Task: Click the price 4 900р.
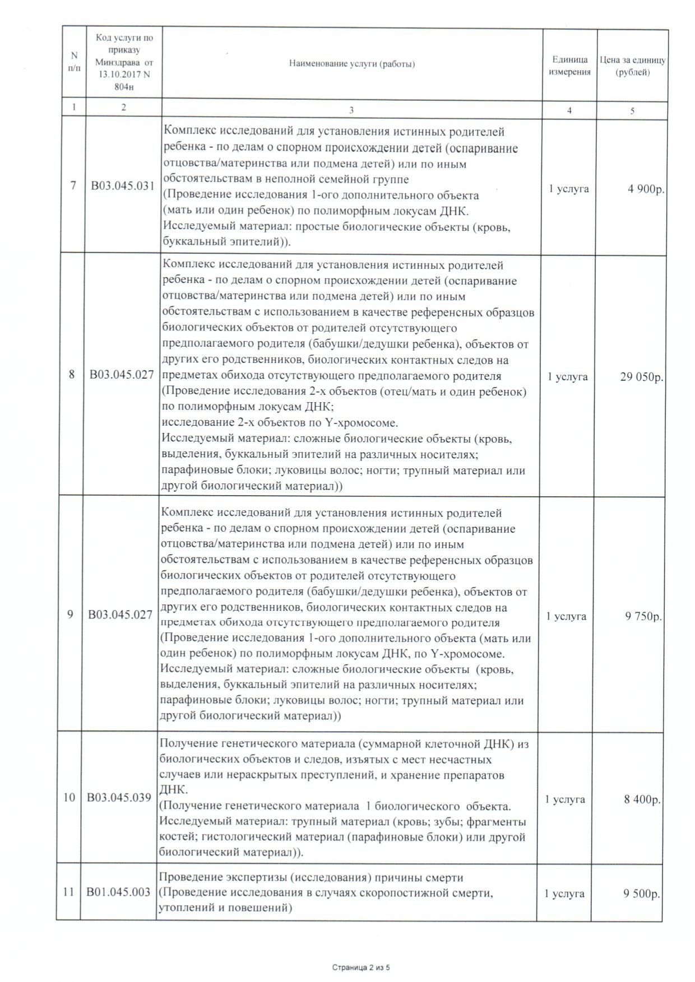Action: pyautogui.click(x=646, y=189)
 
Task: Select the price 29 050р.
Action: pyautogui.click(x=642, y=377)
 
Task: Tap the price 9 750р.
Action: pyautogui.click(x=643, y=617)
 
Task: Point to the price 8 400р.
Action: pyautogui.click(x=642, y=800)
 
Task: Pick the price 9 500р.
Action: pyautogui.click(x=642, y=893)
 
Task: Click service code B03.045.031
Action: pyautogui.click(x=123, y=186)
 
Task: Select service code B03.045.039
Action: pyautogui.click(x=119, y=797)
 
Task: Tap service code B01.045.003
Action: pyautogui.click(x=118, y=892)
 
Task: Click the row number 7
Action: pyautogui.click(x=73, y=185)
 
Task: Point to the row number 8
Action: pyautogui.click(x=72, y=374)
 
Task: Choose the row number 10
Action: pyautogui.click(x=68, y=797)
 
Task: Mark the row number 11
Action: pyautogui.click(x=68, y=892)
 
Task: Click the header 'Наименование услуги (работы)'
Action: pyautogui.click(x=352, y=64)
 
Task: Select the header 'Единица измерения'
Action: pyautogui.click(x=569, y=66)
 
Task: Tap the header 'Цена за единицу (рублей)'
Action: pyautogui.click(x=632, y=66)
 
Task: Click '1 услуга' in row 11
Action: pyautogui.click(x=564, y=893)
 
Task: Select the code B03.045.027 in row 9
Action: pyautogui.click(x=121, y=615)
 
